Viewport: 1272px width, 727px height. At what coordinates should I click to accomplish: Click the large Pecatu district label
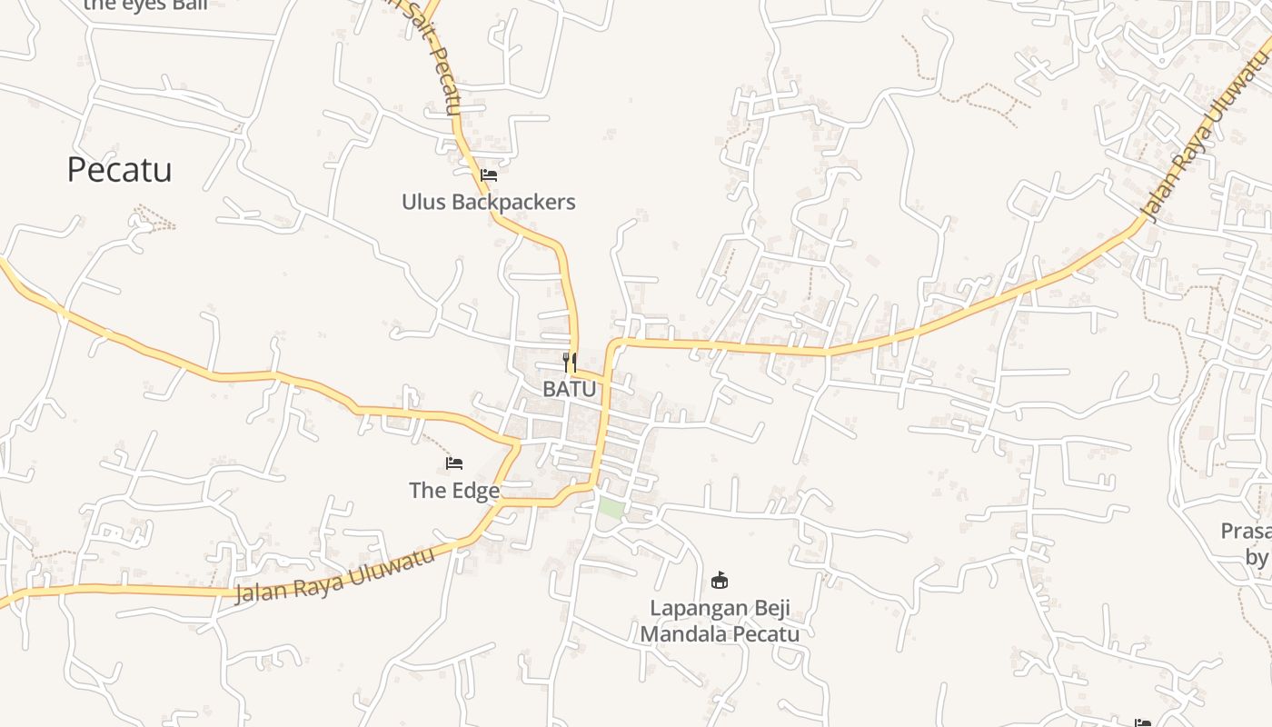pyautogui.click(x=119, y=170)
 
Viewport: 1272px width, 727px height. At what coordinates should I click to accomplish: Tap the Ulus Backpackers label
pyautogui.click(x=488, y=202)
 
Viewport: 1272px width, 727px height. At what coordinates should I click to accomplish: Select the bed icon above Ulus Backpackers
pyautogui.click(x=489, y=174)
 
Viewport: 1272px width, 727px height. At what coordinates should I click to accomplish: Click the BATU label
pyautogui.click(x=570, y=389)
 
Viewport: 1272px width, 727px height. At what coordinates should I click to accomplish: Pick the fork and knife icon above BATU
pyautogui.click(x=570, y=363)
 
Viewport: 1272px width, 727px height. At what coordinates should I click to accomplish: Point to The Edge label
pyautogui.click(x=453, y=491)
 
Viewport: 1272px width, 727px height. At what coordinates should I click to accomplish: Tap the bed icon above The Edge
pyautogui.click(x=454, y=463)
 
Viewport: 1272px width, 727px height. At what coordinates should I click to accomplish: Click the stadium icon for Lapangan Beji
pyautogui.click(x=720, y=580)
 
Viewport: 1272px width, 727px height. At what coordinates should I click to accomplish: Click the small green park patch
pyautogui.click(x=611, y=508)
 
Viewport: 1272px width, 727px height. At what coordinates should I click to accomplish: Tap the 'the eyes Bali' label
pyautogui.click(x=145, y=4)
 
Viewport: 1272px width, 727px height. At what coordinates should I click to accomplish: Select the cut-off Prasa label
pyautogui.click(x=1245, y=531)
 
